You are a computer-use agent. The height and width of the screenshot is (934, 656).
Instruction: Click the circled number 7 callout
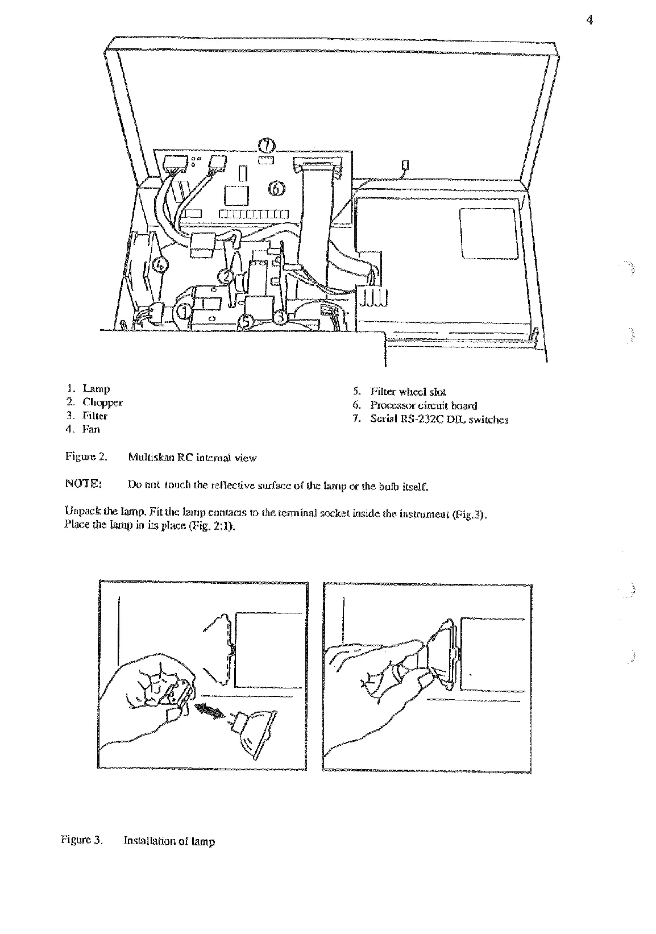[x=267, y=145]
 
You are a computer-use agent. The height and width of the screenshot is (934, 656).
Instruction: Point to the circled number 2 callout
[x=226, y=276]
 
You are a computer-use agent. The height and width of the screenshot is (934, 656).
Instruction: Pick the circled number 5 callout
[x=245, y=321]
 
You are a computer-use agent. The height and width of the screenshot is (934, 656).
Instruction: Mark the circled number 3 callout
[x=280, y=316]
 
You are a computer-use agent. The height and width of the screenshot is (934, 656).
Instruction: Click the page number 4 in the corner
[x=588, y=21]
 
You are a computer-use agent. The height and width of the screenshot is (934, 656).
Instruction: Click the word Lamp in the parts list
[x=96, y=389]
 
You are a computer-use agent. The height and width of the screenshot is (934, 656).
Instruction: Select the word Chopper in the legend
[x=102, y=402]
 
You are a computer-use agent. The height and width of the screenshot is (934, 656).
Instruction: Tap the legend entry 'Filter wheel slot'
[x=408, y=392]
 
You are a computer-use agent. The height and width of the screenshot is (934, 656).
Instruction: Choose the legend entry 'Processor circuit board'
[x=424, y=405]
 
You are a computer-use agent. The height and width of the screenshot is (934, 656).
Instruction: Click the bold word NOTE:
[x=84, y=484]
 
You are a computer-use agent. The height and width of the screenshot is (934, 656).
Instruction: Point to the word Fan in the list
[x=91, y=430]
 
